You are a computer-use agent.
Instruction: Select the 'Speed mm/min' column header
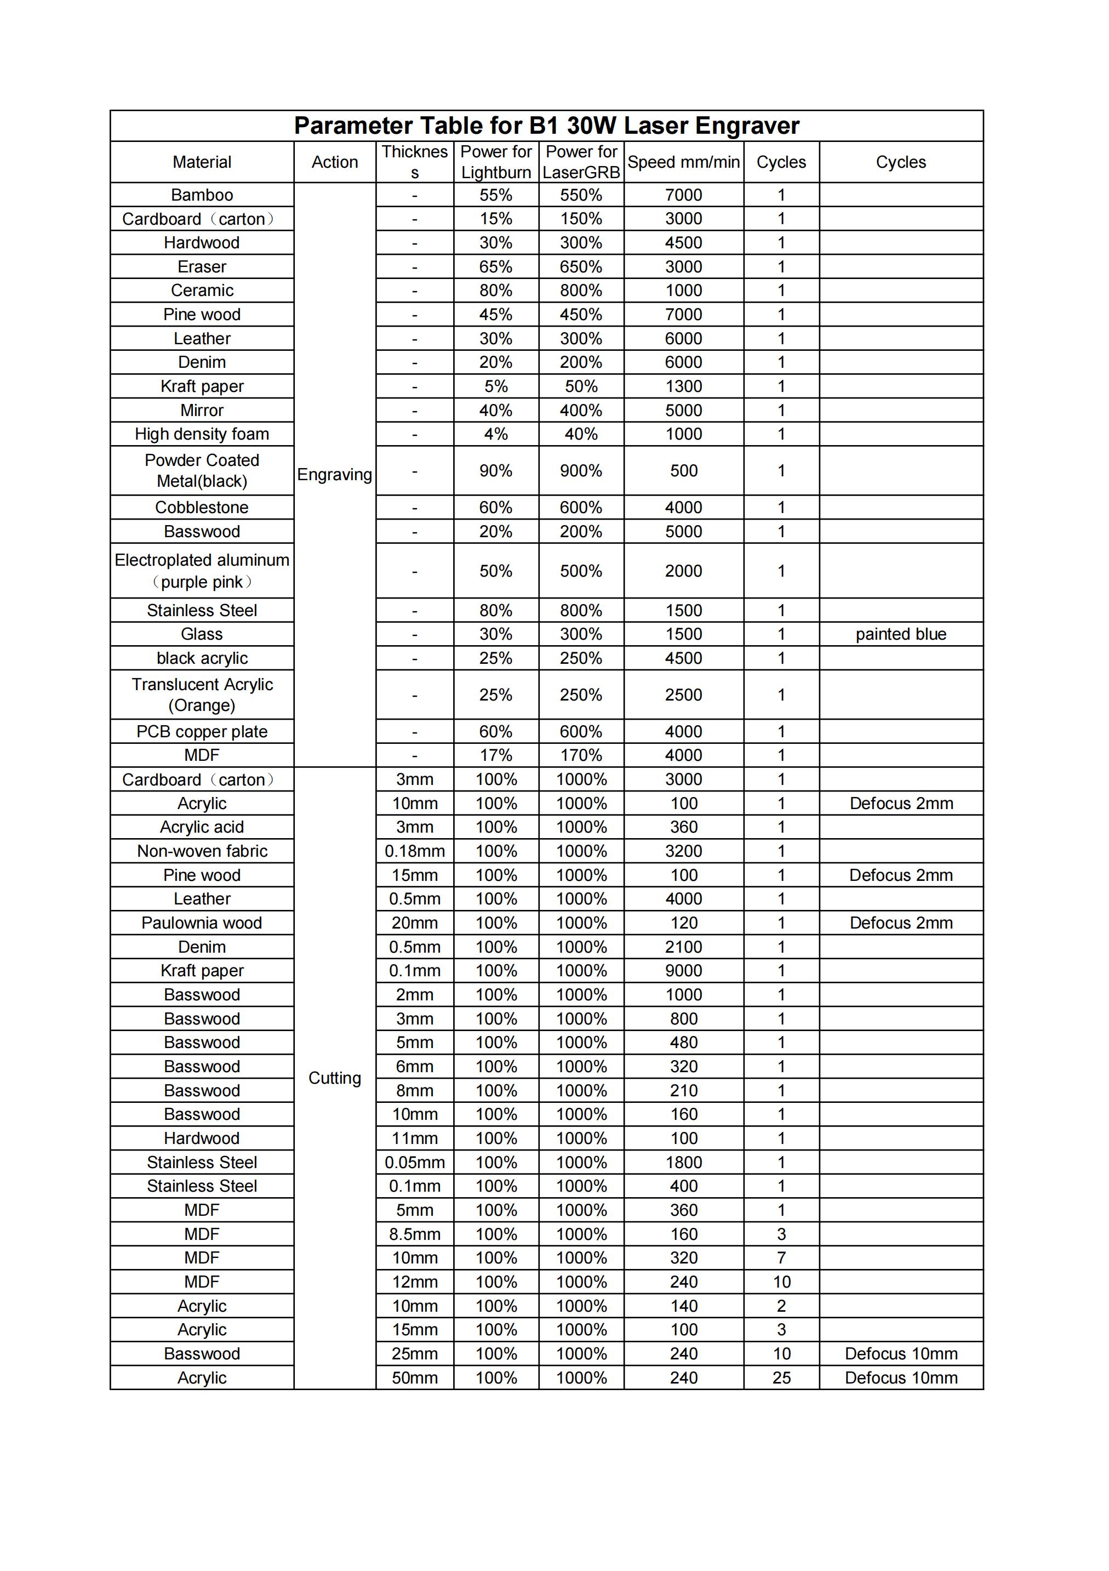[x=683, y=162]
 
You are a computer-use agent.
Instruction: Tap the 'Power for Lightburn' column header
[x=495, y=162]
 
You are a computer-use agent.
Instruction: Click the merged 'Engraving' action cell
[x=335, y=474]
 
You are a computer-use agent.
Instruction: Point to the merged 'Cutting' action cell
[x=335, y=1078]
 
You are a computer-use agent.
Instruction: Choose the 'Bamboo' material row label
[x=202, y=195]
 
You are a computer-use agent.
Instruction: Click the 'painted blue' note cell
[x=900, y=634]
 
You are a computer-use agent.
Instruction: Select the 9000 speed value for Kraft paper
[x=683, y=970]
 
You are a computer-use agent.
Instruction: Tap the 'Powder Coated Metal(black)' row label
[x=202, y=471]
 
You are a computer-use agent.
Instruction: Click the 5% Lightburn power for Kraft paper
[x=495, y=386]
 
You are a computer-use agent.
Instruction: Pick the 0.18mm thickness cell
[x=415, y=851]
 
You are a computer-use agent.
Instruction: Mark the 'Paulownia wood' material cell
[x=202, y=923]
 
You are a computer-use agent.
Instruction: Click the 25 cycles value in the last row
[x=781, y=1378]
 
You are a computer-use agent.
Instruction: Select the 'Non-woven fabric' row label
[x=202, y=851]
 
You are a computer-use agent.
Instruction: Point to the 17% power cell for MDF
[x=495, y=755]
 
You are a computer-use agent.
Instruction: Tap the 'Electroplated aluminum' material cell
[x=202, y=571]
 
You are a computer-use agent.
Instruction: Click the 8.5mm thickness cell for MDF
[x=415, y=1234]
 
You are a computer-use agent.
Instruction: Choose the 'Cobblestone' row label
[x=202, y=508]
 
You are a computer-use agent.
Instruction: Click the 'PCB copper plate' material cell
[x=202, y=731]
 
